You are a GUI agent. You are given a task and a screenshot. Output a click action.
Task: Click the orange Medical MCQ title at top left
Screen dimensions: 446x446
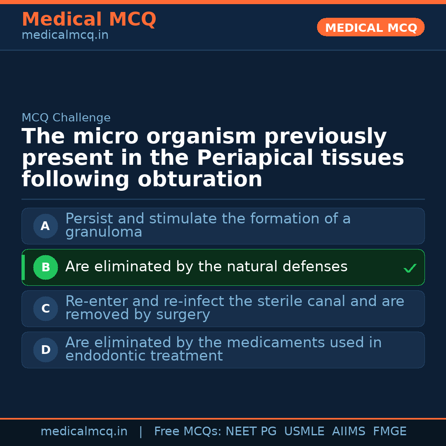click(89, 19)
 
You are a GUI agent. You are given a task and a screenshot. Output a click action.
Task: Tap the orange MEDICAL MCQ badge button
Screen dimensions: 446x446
click(370, 27)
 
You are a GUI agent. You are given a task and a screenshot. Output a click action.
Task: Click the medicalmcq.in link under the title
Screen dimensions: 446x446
click(65, 36)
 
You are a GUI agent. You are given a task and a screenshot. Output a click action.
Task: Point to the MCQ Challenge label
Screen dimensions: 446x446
click(66, 118)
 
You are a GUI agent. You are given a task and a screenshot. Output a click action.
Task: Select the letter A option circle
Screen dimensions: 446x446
click(45, 226)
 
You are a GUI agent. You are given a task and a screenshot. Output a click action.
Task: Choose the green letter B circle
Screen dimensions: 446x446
click(45, 268)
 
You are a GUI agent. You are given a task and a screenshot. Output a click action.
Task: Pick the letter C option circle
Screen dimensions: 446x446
click(45, 309)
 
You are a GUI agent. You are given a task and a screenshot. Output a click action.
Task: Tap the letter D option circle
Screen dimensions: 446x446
click(45, 350)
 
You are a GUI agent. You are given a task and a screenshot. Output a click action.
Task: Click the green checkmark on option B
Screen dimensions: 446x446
click(410, 268)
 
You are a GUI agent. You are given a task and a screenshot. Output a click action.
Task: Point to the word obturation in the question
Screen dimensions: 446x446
click(200, 180)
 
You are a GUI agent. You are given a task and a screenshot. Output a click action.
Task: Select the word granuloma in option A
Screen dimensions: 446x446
click(104, 232)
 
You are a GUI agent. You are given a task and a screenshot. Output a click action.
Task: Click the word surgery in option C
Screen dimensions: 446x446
click(183, 315)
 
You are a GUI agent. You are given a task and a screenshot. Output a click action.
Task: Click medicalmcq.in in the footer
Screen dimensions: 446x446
click(84, 432)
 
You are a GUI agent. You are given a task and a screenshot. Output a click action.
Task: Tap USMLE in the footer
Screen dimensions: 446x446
click(304, 432)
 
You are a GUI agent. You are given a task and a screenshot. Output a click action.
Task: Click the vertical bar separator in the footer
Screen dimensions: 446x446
click(141, 432)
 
